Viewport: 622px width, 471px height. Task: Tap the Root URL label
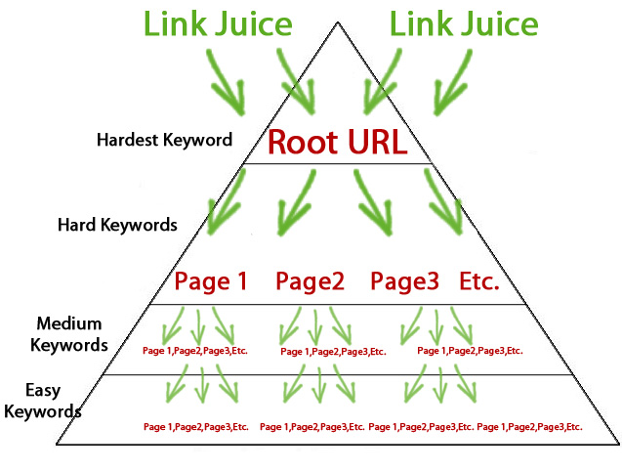pos(337,142)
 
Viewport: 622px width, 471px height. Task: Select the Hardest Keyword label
pos(164,140)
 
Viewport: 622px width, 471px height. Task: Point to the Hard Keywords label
pos(117,224)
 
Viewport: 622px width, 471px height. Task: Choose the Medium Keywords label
pos(69,333)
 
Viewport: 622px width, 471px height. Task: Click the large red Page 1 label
pos(211,282)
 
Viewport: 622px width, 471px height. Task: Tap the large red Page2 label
pos(311,282)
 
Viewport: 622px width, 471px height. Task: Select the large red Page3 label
pos(404,282)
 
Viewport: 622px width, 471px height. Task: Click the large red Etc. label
pos(479,282)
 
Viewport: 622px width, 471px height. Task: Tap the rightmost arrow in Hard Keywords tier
pos(444,206)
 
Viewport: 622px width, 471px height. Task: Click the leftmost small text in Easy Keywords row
pos(195,427)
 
